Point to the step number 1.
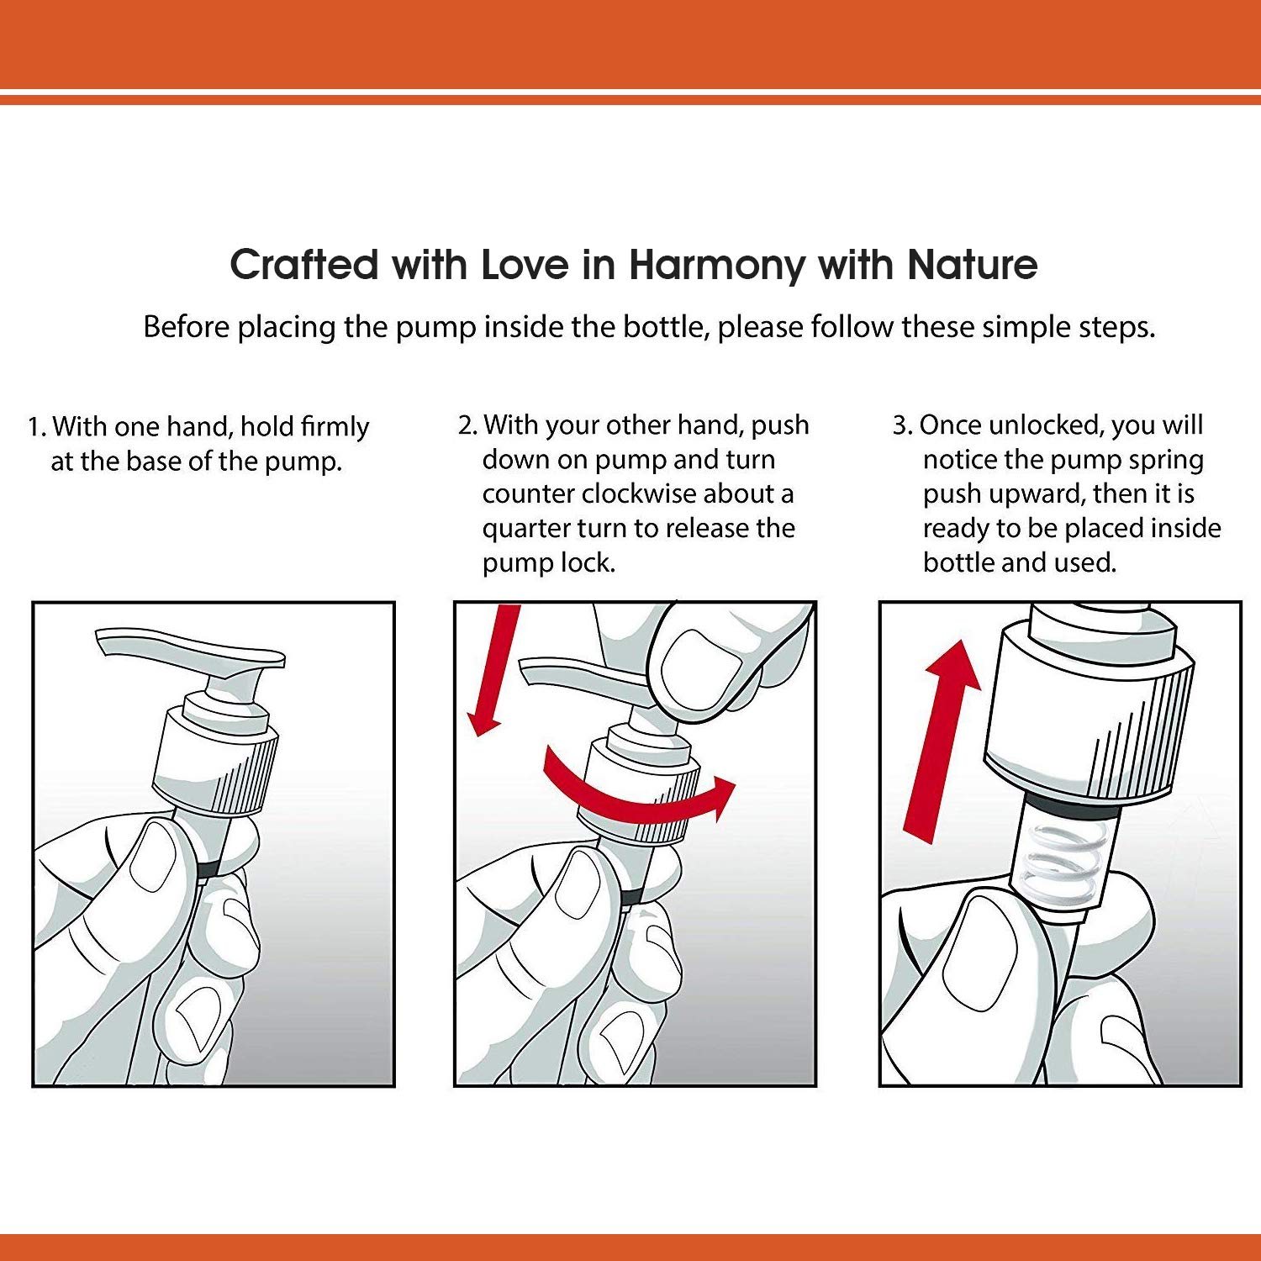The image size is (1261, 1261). [x=35, y=427]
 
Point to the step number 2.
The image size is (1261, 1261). [x=467, y=425]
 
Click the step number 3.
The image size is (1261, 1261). [x=901, y=425]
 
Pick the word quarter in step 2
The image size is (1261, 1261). [x=526, y=529]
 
